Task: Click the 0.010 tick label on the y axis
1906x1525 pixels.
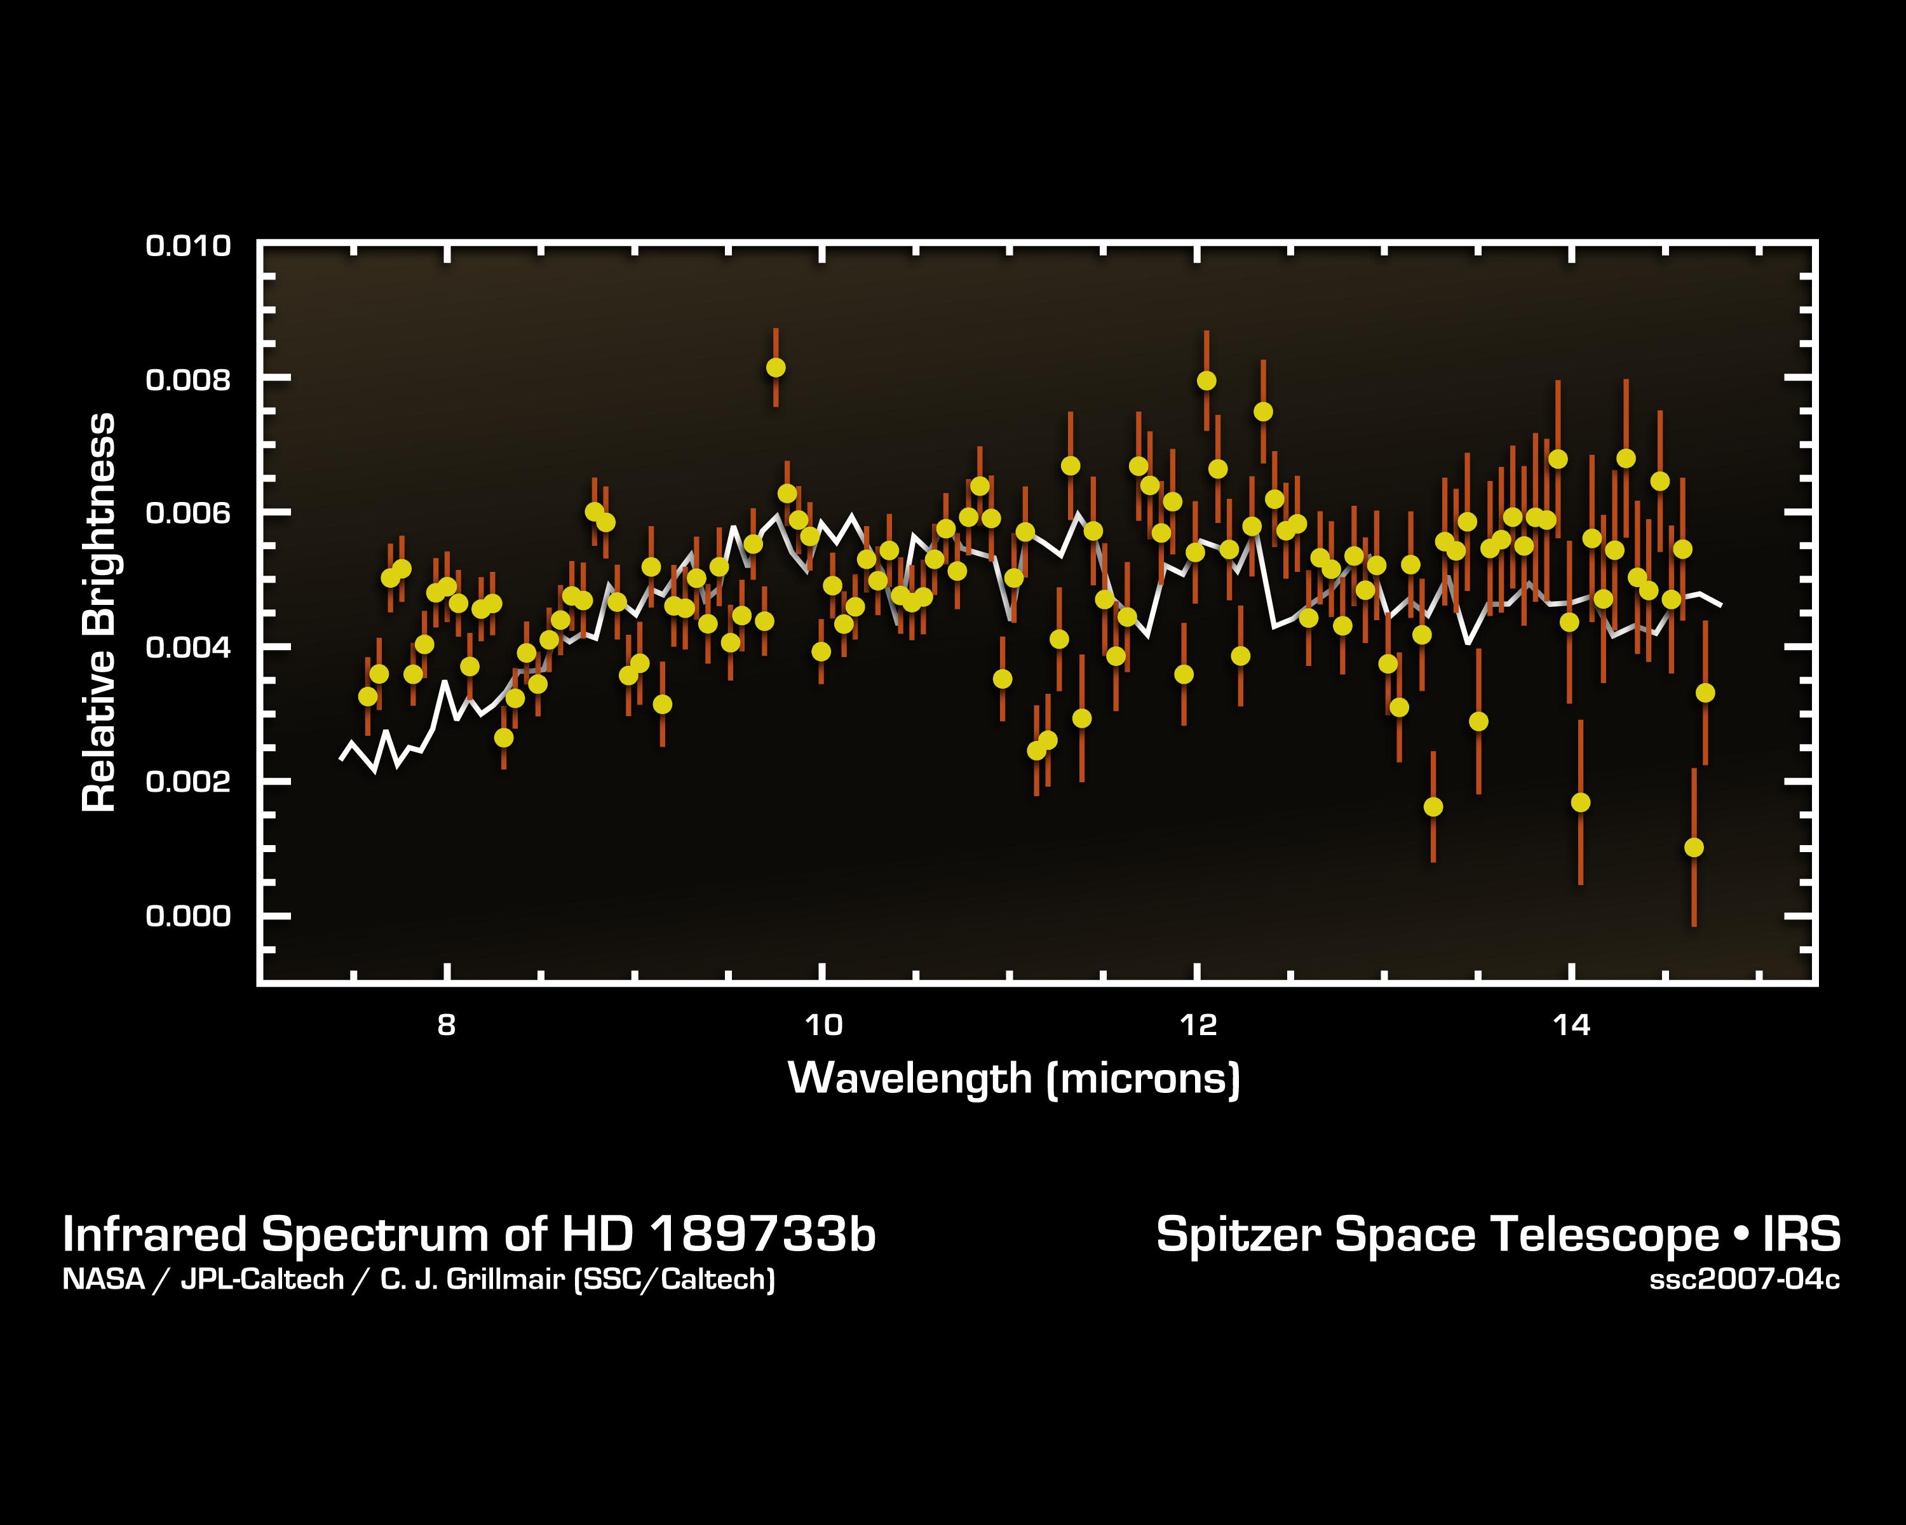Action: (x=187, y=246)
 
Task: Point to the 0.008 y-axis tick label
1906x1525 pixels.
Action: (x=187, y=380)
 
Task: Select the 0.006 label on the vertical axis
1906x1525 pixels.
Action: (x=187, y=513)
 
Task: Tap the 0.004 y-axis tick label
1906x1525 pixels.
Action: (x=187, y=648)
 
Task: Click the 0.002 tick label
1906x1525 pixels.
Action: (x=187, y=782)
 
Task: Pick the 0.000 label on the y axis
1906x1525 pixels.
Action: (x=187, y=916)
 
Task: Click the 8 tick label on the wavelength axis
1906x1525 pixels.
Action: (x=447, y=1026)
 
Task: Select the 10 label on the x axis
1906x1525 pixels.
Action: (x=823, y=1026)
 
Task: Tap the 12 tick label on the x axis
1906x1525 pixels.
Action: (x=1198, y=1026)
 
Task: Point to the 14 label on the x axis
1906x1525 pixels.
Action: (x=1572, y=1026)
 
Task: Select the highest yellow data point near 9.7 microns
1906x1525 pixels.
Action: (x=775, y=367)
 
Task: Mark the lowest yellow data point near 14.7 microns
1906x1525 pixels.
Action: (x=1694, y=848)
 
